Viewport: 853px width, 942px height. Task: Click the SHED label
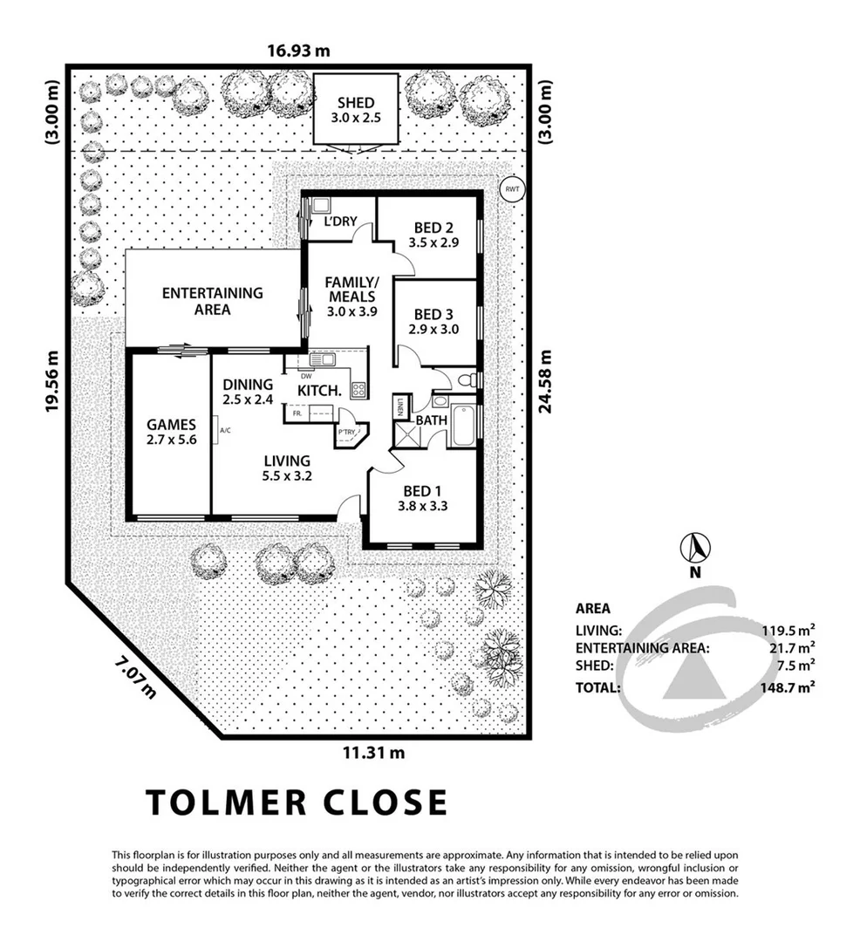[355, 103]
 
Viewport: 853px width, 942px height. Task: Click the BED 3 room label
[433, 315]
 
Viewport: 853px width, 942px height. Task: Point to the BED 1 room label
[422, 488]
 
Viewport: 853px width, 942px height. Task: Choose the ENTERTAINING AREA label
[213, 293]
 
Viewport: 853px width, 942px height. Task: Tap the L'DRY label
[340, 221]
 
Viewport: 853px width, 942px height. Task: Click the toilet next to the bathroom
[467, 380]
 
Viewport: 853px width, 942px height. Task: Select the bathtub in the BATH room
[463, 425]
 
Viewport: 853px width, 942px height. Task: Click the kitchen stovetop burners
[358, 390]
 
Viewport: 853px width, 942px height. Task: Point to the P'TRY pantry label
[348, 433]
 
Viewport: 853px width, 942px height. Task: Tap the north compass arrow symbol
[695, 548]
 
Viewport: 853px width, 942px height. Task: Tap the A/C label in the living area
[225, 430]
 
